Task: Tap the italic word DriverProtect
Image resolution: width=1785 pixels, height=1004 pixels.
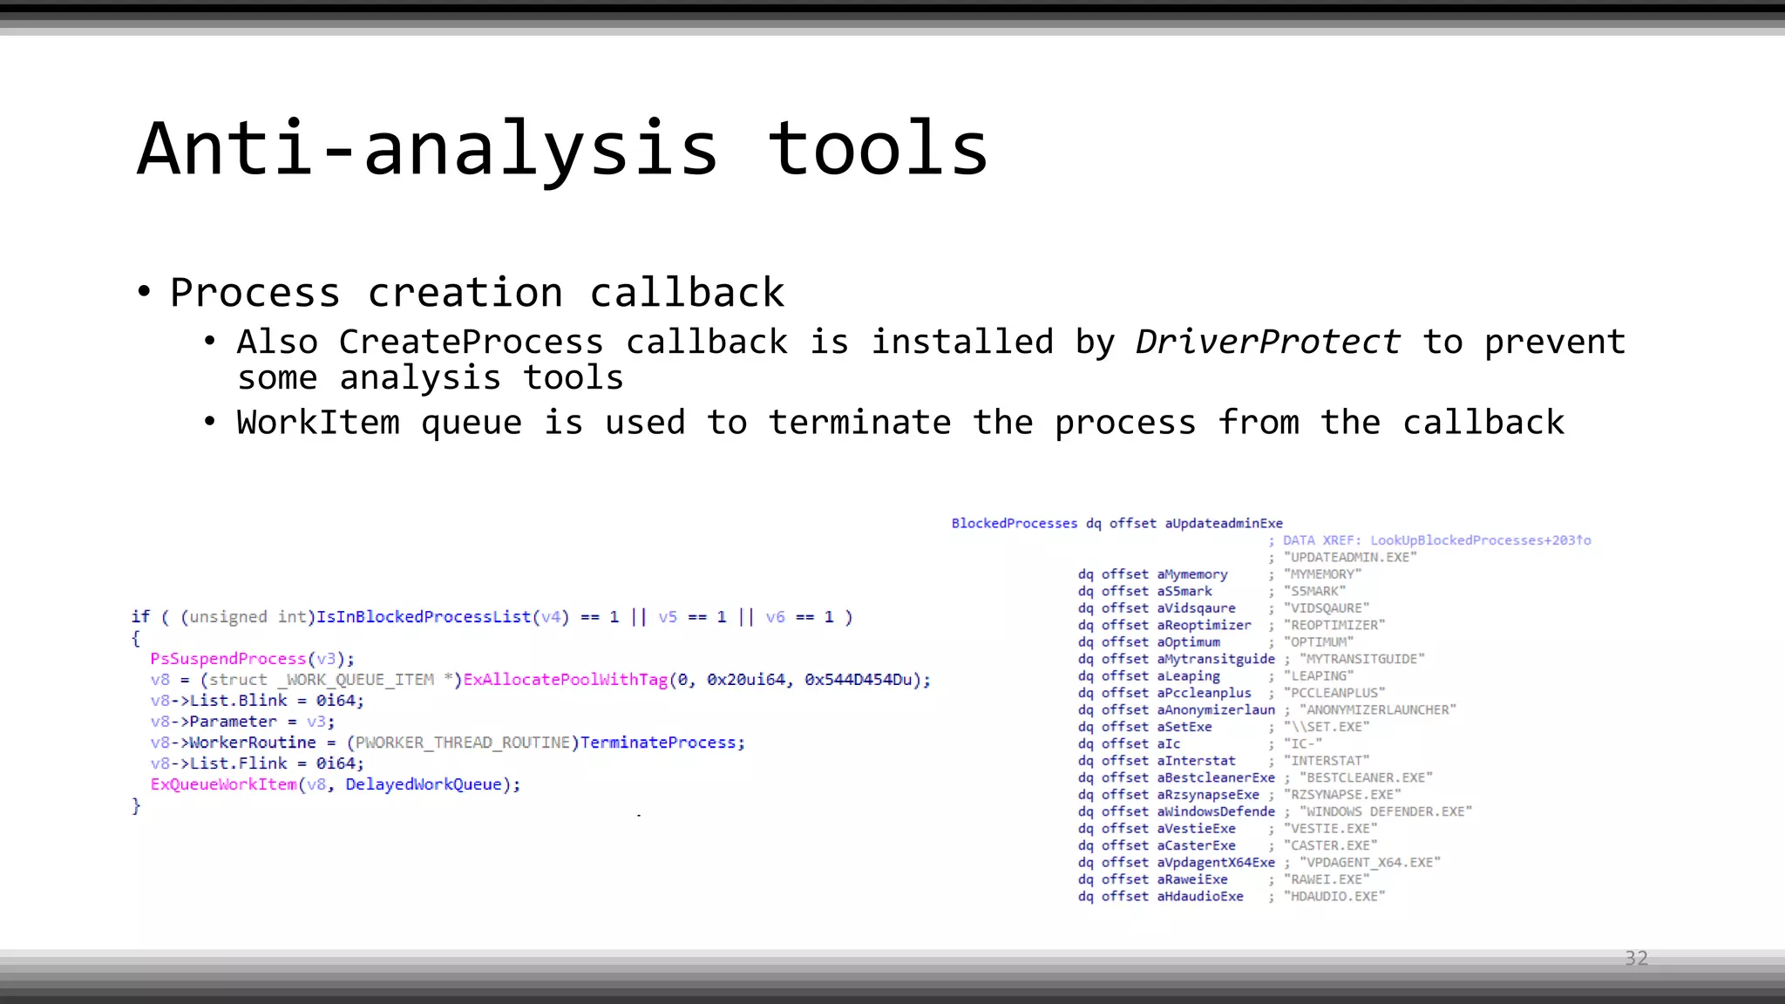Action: [x=1267, y=342]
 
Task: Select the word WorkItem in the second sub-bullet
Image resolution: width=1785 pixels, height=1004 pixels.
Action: [x=317, y=423]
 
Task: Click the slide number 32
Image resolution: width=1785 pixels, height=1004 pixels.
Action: [x=1636, y=959]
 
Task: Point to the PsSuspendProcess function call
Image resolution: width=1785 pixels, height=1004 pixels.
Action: [x=228, y=659]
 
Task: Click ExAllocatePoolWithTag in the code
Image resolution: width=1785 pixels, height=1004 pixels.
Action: [x=565, y=680]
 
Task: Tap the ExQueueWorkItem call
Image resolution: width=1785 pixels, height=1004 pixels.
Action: [x=224, y=784]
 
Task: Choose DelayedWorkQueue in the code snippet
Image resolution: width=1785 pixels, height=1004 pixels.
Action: [x=424, y=784]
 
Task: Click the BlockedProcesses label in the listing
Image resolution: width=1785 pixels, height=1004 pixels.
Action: [x=1014, y=523]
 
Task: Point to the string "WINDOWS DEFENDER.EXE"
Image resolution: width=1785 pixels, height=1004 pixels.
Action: [x=1385, y=811]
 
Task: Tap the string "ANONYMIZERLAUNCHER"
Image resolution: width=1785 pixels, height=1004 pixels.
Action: [x=1377, y=709]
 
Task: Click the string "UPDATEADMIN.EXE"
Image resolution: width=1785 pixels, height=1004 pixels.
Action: [x=1350, y=557]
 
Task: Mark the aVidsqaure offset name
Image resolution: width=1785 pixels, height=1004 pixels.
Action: [x=1196, y=607]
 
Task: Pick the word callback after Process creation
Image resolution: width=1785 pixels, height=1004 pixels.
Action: [x=687, y=293]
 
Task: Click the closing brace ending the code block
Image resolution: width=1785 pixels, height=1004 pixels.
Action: [x=136, y=805]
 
